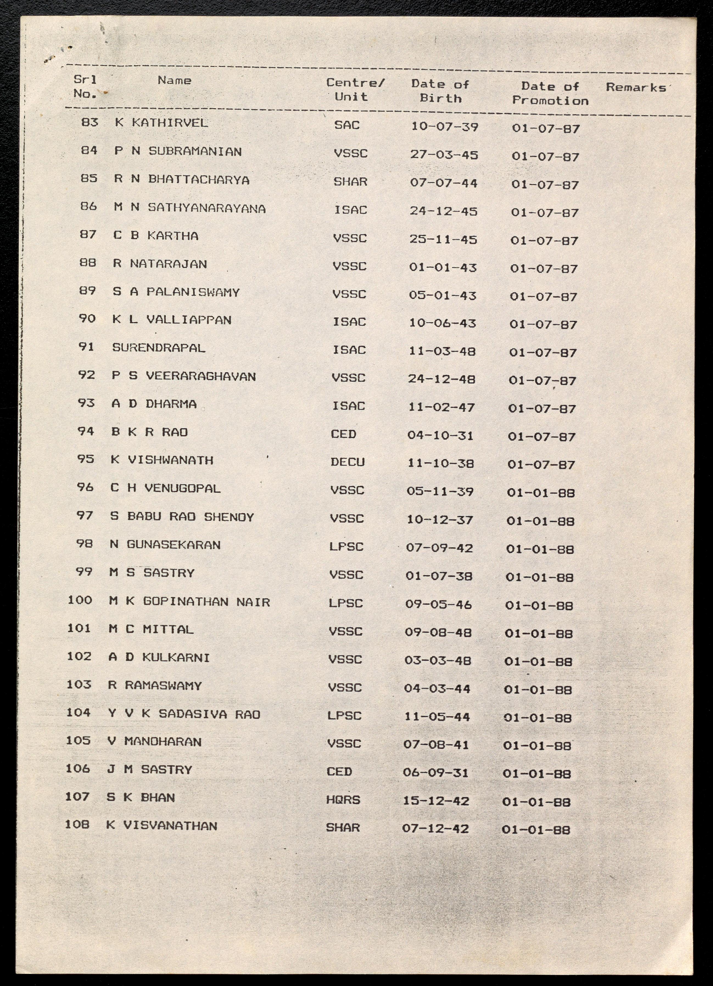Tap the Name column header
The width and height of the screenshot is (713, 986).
174,80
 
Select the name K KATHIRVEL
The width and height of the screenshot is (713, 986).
161,122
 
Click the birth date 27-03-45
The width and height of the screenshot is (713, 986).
444,155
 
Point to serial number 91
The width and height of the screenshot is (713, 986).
86,347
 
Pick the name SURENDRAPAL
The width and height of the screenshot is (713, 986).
159,348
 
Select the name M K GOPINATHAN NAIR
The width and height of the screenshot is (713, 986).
189,602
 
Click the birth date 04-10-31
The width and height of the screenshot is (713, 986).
440,435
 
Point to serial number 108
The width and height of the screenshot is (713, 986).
77,824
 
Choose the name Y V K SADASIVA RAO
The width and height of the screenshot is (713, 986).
184,714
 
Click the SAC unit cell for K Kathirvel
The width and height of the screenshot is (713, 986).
347,125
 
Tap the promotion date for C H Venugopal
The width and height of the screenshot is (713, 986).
541,493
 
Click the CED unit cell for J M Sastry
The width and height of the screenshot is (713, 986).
339,772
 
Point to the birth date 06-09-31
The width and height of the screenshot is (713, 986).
436,773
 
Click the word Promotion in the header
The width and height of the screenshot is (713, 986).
550,101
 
